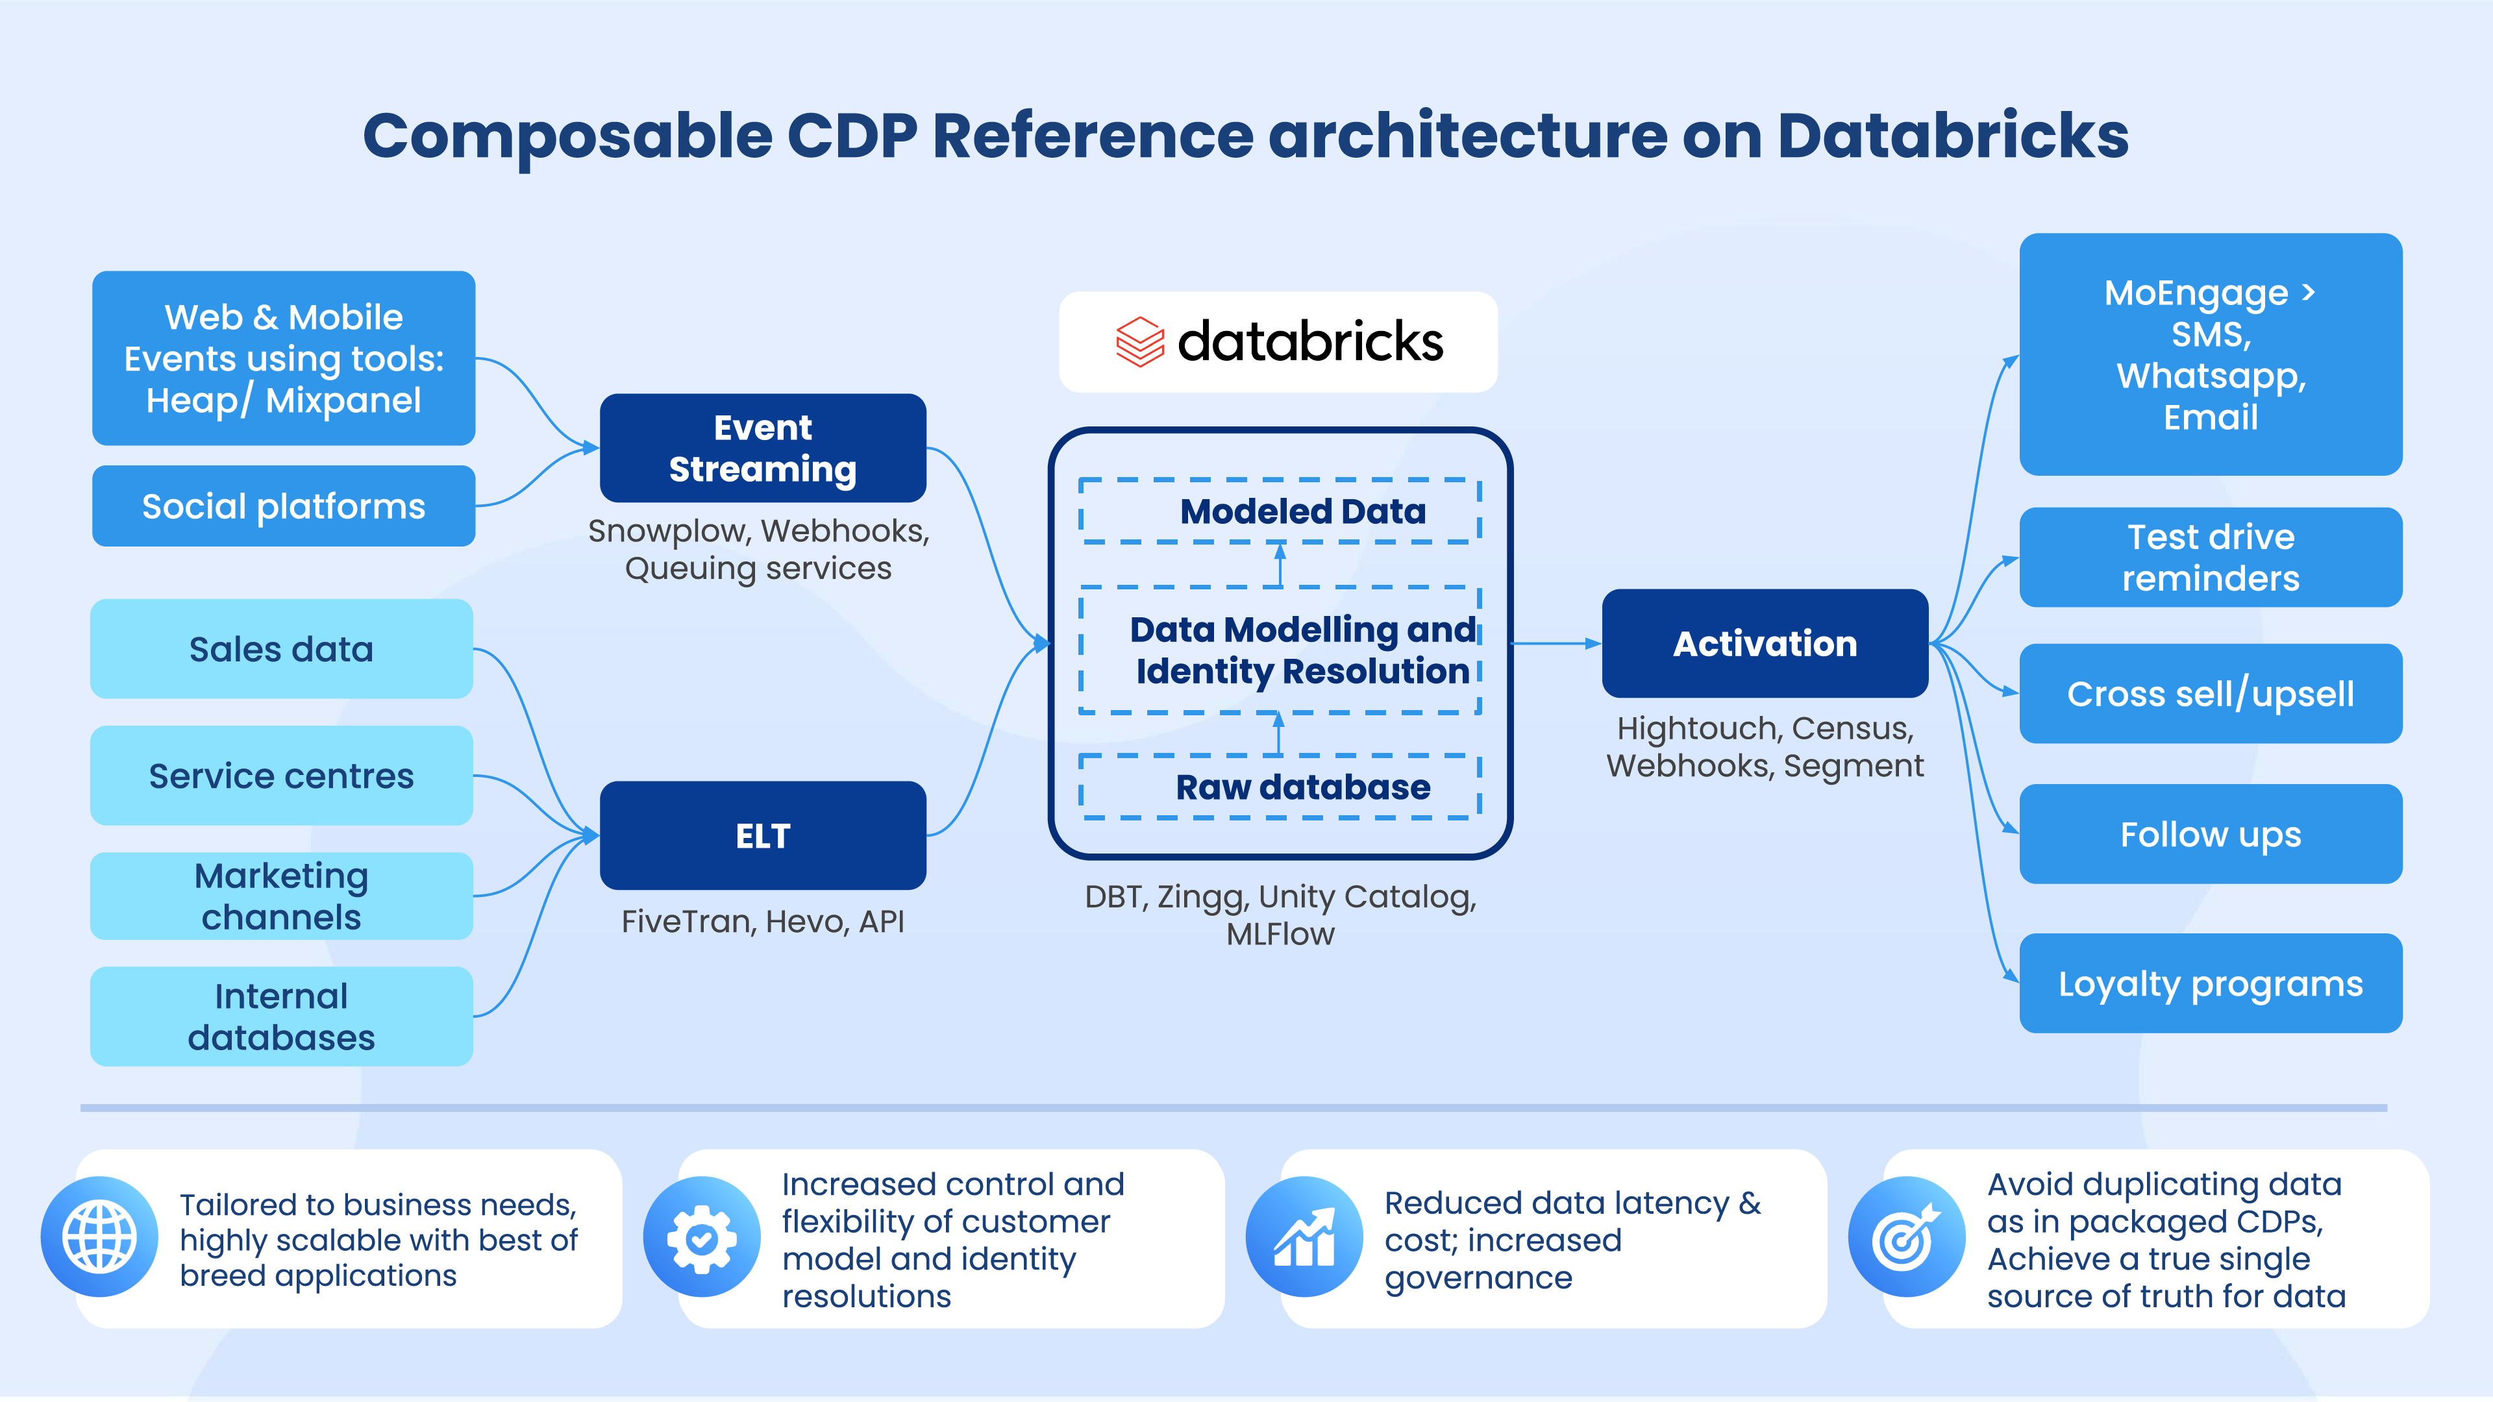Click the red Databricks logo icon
click(1140, 341)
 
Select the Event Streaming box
click(763, 448)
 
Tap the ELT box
click(763, 835)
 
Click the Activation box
click(1765, 643)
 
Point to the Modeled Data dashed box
click(1280, 511)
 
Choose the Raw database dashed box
click(1280, 787)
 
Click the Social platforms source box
click(284, 506)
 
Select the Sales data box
click(282, 648)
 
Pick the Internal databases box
click(282, 1016)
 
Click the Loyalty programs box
click(2211, 983)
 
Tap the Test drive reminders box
click(2211, 558)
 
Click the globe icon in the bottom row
click(100, 1236)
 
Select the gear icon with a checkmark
click(702, 1236)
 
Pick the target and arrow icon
click(1907, 1236)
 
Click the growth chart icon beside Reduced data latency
click(1304, 1236)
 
